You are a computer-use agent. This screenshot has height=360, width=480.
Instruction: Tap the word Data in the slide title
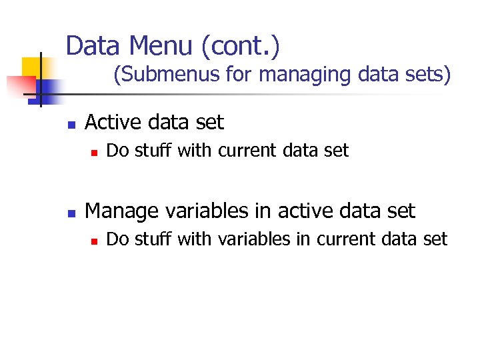click(93, 46)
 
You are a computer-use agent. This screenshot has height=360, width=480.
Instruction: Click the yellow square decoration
click(33, 67)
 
